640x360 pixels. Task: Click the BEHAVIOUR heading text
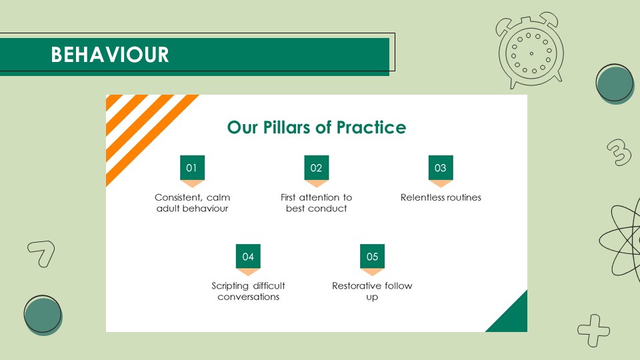coord(110,55)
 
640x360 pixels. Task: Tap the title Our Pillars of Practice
coord(316,127)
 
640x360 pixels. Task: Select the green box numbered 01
coord(192,167)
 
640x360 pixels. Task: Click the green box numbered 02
coord(316,167)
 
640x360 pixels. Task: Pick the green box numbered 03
coord(441,167)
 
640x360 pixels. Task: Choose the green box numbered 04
coord(248,256)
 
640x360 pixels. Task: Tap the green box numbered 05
coord(372,256)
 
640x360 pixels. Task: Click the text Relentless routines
coord(441,197)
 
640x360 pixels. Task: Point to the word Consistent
coord(179,197)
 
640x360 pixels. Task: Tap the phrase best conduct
coord(316,209)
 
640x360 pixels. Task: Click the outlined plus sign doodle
coord(594,330)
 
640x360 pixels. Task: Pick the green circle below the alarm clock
coord(615,84)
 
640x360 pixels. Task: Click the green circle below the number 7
coord(43,315)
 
